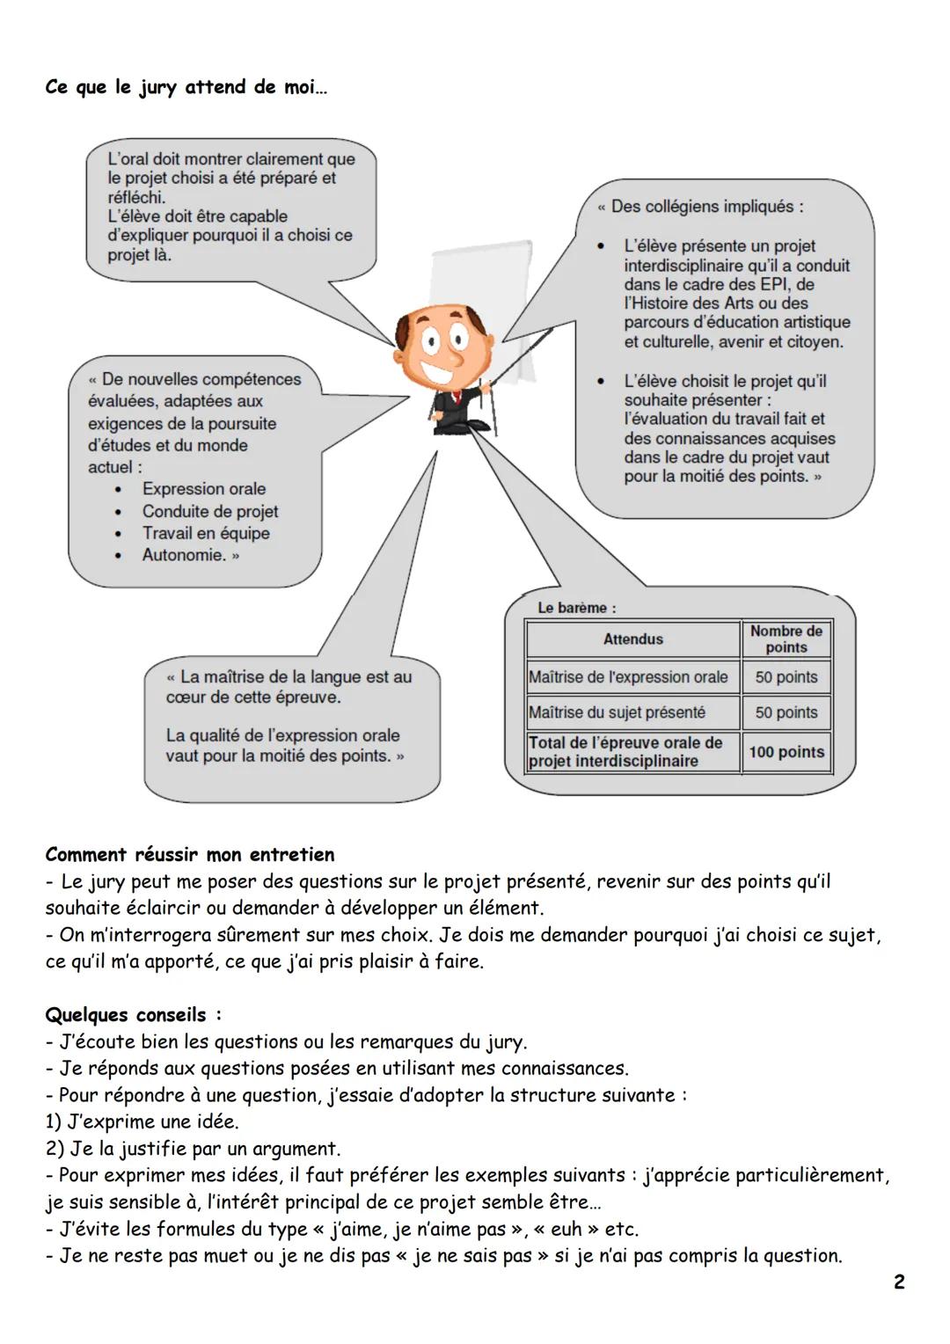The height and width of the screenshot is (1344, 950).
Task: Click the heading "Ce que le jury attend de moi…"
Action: coord(186,88)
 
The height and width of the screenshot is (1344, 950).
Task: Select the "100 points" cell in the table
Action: coord(786,752)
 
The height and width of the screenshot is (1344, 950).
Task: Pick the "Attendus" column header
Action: coord(632,639)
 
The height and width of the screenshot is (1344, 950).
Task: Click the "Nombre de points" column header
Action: coord(786,639)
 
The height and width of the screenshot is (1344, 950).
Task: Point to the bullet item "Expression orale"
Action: coord(203,489)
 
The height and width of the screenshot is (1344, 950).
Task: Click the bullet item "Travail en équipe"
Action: coord(206,533)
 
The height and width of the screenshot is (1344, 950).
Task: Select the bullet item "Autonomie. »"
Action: coord(191,555)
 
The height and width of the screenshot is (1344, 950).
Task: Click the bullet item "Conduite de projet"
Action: coord(210,511)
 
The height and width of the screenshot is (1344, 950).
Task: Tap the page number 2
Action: coord(898,1282)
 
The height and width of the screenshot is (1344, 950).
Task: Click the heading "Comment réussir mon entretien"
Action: coord(190,855)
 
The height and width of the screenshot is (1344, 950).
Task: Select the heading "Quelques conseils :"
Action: coord(133,1015)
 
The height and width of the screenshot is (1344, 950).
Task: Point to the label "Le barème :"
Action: coord(577,608)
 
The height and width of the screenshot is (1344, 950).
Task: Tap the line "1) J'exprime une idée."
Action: coord(142,1122)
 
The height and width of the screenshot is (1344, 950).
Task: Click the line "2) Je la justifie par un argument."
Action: coord(193,1149)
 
